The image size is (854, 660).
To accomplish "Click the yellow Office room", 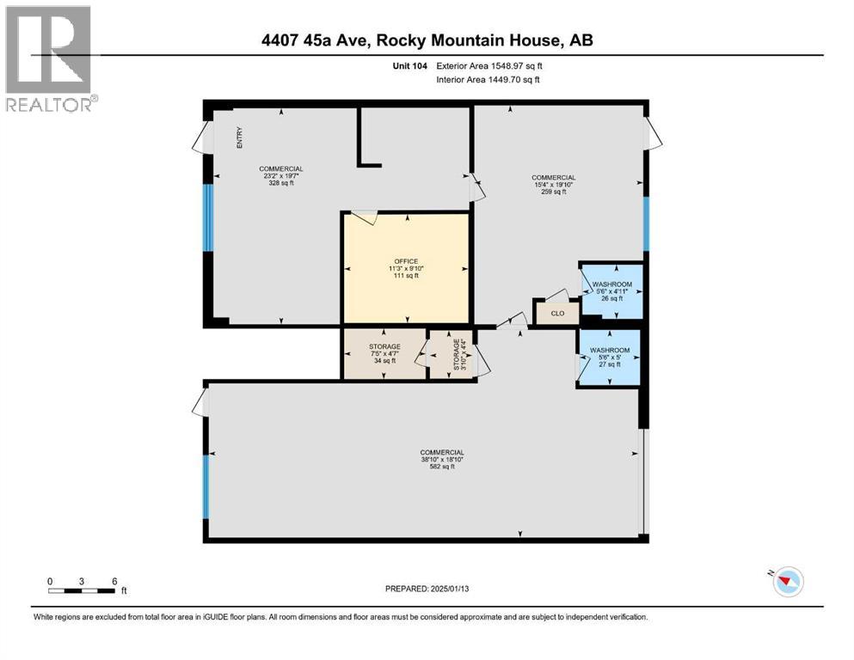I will tap(406, 268).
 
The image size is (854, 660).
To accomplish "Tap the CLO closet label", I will tap(557, 314).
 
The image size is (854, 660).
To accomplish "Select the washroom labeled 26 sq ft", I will tap(611, 290).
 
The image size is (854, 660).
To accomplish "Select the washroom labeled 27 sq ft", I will tap(610, 357).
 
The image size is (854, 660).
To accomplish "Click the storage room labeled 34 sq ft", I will tap(384, 353).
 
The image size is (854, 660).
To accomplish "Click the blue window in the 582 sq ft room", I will tap(206, 486).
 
